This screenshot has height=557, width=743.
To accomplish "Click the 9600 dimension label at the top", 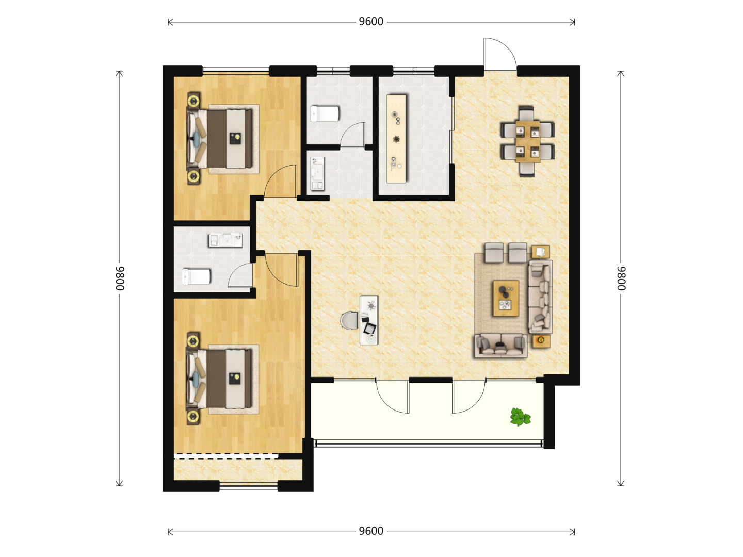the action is click(370, 22).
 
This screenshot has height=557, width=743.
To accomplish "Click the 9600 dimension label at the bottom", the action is click(370, 531).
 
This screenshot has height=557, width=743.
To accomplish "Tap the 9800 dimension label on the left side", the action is click(120, 278).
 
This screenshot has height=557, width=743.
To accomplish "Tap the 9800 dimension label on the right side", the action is click(621, 278).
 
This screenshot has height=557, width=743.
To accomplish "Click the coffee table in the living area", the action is click(506, 298).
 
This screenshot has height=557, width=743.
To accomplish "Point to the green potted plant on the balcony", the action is click(520, 417).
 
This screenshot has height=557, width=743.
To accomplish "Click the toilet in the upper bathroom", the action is click(325, 113).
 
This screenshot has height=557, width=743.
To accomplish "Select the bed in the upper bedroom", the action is click(219, 139).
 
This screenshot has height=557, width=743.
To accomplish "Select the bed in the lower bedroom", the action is click(219, 379).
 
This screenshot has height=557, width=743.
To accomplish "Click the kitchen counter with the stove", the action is click(396, 139).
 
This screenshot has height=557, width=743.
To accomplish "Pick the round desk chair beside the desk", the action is click(349, 320).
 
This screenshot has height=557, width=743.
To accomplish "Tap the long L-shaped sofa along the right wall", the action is click(540, 297).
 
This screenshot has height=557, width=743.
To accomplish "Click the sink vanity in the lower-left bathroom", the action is click(225, 240).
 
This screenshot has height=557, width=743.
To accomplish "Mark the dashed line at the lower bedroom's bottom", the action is click(226, 458).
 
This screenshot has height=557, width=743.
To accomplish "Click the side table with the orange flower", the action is click(541, 341).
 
